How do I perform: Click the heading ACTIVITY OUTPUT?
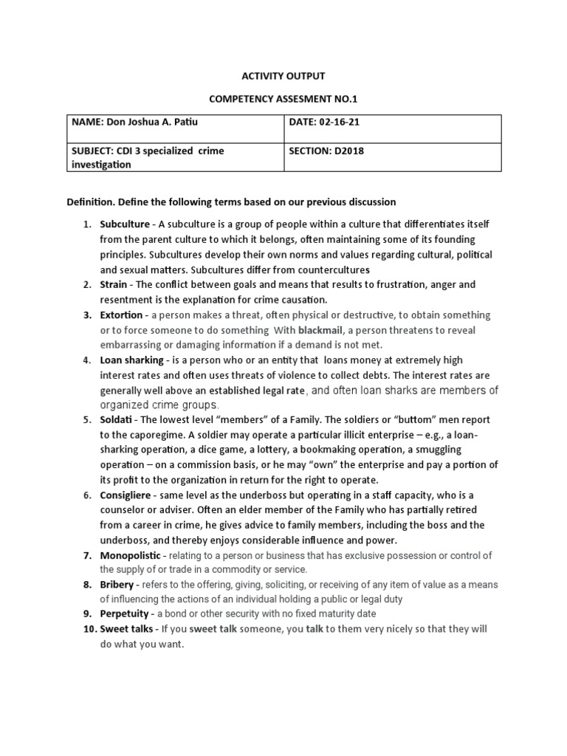coord(284,76)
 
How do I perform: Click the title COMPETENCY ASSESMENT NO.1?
coord(284,98)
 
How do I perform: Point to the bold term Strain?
coord(115,283)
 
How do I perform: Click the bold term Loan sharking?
coord(131,360)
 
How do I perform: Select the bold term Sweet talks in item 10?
coord(128,629)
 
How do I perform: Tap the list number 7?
coord(86,555)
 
